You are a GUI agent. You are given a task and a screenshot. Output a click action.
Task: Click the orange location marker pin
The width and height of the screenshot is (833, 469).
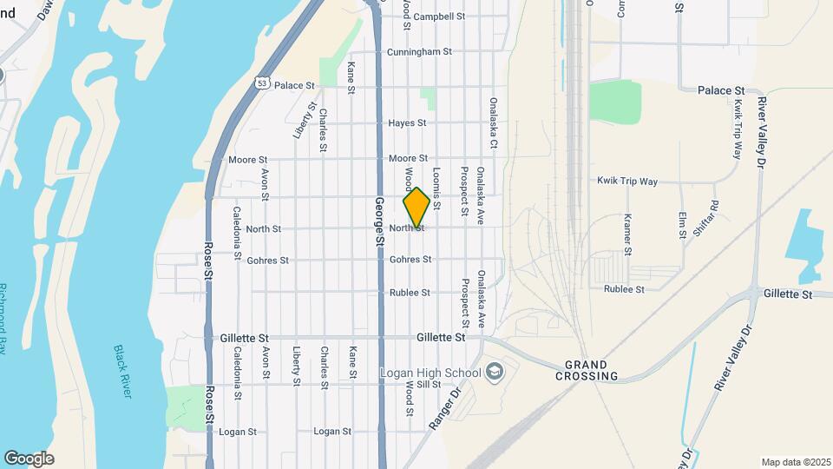click(x=416, y=208)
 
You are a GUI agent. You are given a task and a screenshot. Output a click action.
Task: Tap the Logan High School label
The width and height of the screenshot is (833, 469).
click(x=430, y=373)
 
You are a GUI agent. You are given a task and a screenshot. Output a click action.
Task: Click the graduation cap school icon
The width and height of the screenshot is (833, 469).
click(x=495, y=372)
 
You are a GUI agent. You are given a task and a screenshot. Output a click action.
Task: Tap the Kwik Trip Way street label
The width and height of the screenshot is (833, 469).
click(x=627, y=182)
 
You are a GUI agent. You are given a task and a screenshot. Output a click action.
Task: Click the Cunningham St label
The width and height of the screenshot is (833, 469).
click(x=419, y=52)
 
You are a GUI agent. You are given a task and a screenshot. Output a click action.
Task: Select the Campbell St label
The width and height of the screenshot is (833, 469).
click(x=439, y=17)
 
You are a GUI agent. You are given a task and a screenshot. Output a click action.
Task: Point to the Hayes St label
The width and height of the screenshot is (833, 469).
click(x=407, y=123)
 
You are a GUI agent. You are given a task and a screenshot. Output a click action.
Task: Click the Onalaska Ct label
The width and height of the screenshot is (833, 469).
click(x=492, y=122)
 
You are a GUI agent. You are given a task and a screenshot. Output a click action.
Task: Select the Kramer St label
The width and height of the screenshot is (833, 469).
click(x=626, y=234)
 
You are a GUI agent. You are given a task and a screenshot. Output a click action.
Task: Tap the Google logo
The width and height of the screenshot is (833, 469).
click(x=29, y=459)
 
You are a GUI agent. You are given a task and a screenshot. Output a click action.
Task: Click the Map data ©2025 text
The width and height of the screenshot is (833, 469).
click(x=795, y=462)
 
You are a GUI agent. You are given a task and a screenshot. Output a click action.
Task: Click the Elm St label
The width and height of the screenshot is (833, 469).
click(x=683, y=224)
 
